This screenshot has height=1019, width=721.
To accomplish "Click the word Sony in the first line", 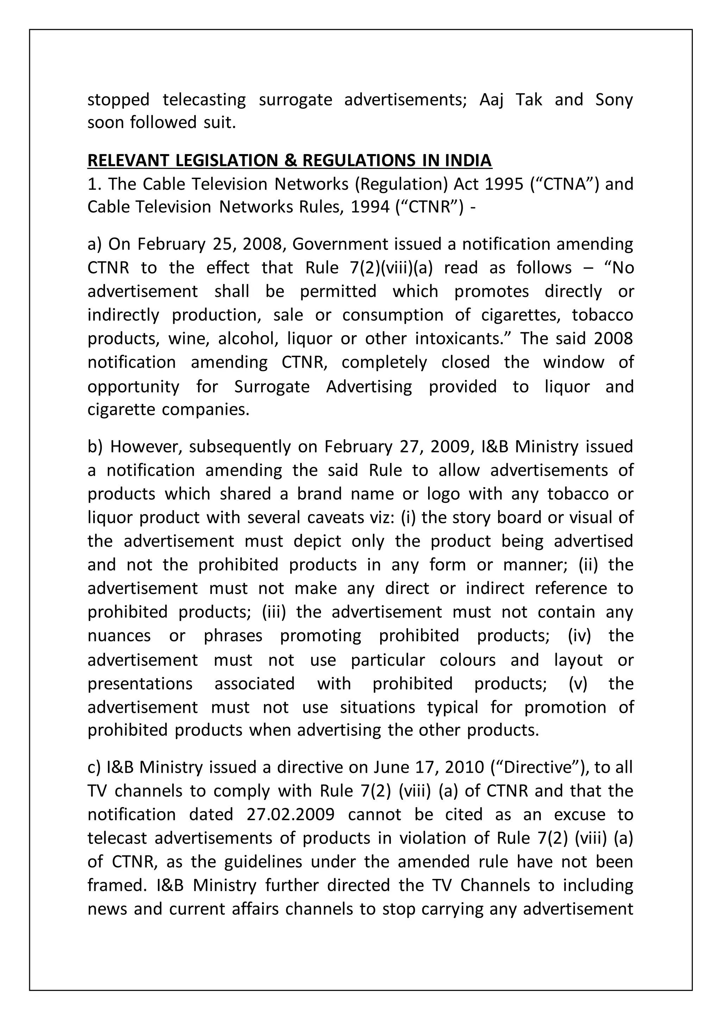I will (614, 100).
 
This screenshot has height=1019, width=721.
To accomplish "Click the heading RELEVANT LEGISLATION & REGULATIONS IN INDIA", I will (289, 160).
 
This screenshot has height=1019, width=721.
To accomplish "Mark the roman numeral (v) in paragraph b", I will (578, 683).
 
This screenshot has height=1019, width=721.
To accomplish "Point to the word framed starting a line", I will (116, 885).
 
